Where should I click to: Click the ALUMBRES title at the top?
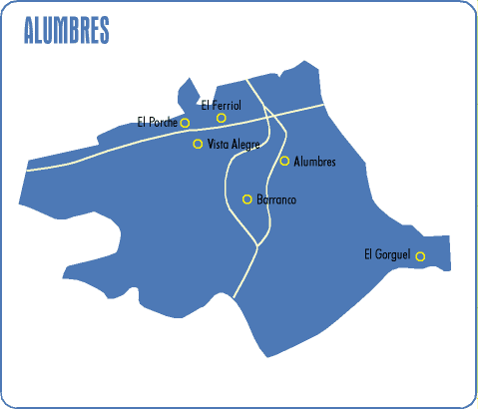[66, 30]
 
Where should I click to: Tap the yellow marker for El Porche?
[185, 123]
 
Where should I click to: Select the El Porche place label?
[157, 123]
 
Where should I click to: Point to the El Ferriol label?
[221, 105]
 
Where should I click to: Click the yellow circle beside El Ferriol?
[222, 118]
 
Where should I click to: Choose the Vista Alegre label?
[233, 145]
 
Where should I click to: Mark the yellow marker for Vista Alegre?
[198, 144]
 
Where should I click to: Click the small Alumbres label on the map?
[315, 162]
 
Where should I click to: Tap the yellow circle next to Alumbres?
[284, 161]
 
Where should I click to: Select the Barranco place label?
[276, 200]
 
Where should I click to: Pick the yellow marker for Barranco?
[246, 199]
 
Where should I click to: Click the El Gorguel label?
[387, 255]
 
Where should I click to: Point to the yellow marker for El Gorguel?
[420, 256]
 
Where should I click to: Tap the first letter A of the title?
[29, 30]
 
